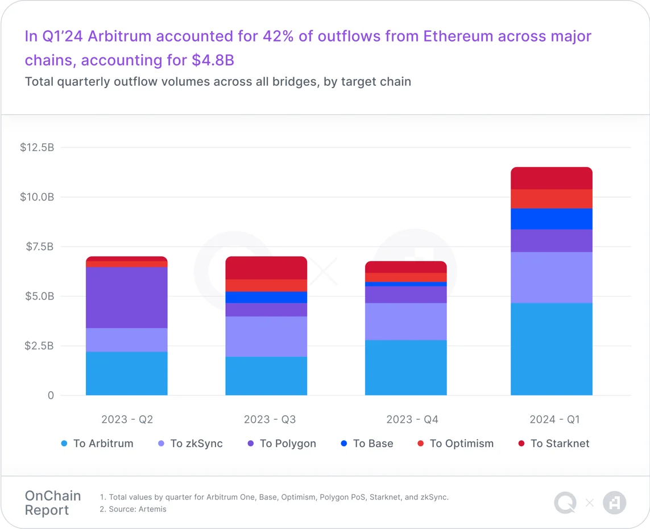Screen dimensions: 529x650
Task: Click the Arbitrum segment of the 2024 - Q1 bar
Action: pyautogui.click(x=551, y=349)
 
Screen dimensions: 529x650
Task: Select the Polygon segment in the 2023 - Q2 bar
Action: pyautogui.click(x=126, y=297)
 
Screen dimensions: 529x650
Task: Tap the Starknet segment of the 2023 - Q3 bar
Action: pyautogui.click(x=266, y=268)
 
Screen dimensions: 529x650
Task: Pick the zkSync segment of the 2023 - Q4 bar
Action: pyautogui.click(x=405, y=321)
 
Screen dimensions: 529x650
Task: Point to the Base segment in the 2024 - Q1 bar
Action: pyautogui.click(x=551, y=219)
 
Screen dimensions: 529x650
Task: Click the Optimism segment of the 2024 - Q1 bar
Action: pyautogui.click(x=551, y=199)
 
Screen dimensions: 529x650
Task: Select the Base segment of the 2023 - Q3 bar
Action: pyautogui.click(x=266, y=297)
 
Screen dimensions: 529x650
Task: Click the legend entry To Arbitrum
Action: pyautogui.click(x=97, y=444)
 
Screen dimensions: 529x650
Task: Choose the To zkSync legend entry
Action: pyautogui.click(x=191, y=444)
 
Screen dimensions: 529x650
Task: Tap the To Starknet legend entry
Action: pyautogui.click(x=554, y=444)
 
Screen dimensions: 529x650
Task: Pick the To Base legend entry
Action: pyautogui.click(x=367, y=444)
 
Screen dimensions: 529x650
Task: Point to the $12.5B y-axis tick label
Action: pyautogui.click(x=37, y=148)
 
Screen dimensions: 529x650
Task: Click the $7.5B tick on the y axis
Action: pyautogui.click(x=39, y=247)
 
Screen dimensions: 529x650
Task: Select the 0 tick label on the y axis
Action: pyautogui.click(x=51, y=395)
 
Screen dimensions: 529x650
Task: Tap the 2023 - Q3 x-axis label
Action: pyautogui.click(x=270, y=419)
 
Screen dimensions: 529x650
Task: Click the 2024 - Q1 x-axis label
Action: pyautogui.click(x=554, y=419)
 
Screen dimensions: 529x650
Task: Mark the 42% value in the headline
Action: pyautogui.click(x=279, y=36)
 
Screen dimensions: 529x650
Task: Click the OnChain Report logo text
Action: pyautogui.click(x=53, y=503)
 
